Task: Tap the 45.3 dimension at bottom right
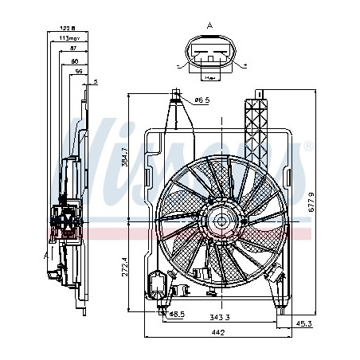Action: (x=304, y=323)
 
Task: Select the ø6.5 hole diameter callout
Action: (x=202, y=100)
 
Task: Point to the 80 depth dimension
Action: (x=74, y=61)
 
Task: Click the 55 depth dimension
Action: (x=78, y=72)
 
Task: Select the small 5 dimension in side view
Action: (x=96, y=82)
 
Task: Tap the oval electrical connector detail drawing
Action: (x=209, y=58)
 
